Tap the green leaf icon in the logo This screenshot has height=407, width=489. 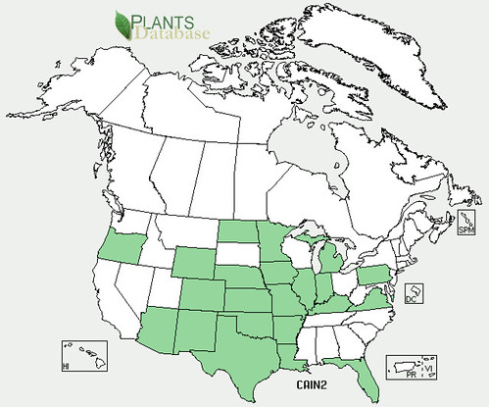[123, 23]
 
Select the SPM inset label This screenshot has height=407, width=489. [465, 229]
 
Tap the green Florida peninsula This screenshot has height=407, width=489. [364, 377]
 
